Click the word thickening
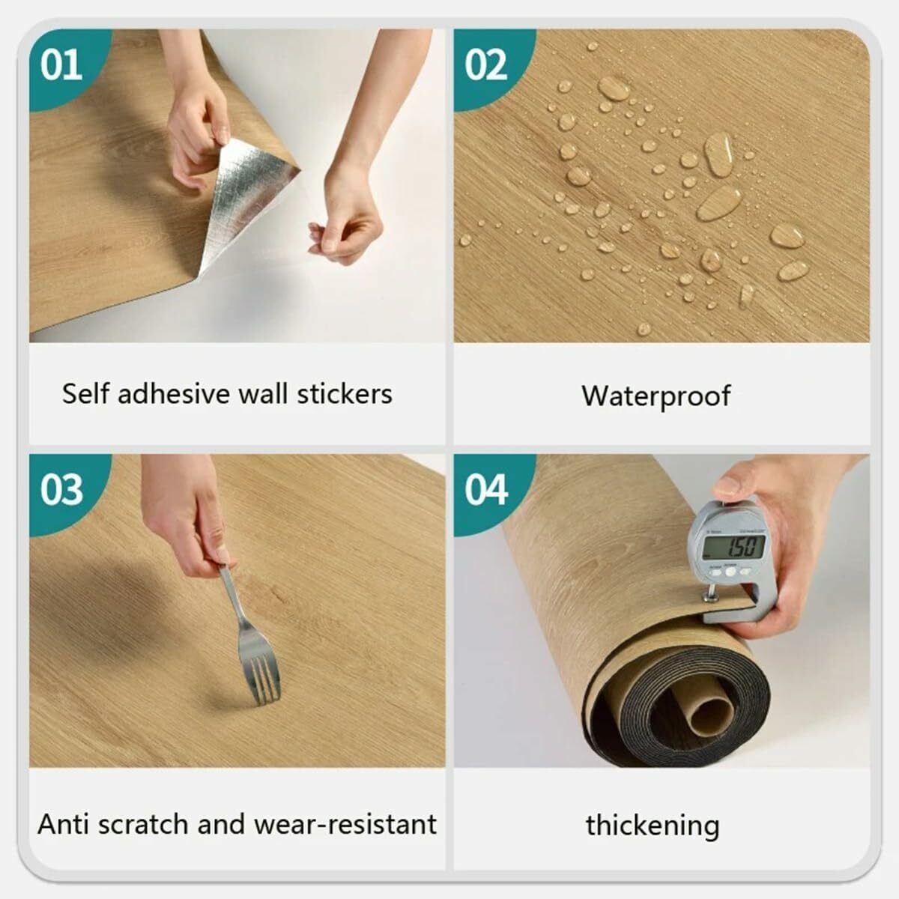(653, 826)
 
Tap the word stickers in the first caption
(345, 394)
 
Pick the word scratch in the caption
(144, 824)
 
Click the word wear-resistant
(345, 824)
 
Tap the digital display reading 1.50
(733, 547)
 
